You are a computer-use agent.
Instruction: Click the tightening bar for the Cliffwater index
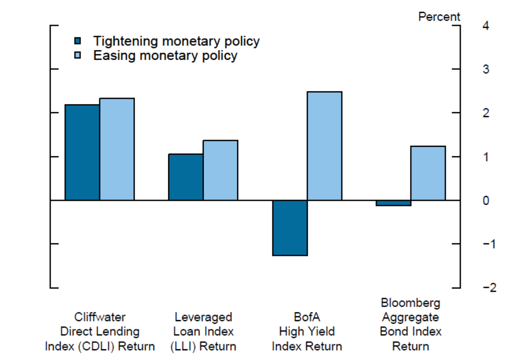[x=82, y=152]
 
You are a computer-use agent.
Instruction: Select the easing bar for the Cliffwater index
[x=117, y=149]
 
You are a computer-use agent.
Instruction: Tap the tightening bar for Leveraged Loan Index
[x=186, y=177]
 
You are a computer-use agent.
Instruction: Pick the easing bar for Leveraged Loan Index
[x=221, y=170]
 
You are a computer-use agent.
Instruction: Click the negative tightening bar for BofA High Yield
[x=290, y=228]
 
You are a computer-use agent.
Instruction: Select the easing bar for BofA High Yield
[x=324, y=146]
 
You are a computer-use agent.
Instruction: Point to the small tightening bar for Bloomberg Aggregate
[x=394, y=203]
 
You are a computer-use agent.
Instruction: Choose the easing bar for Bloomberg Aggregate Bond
[x=428, y=173]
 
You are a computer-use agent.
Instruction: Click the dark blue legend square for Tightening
[x=78, y=42]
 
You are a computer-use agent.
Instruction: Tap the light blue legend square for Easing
[x=78, y=56]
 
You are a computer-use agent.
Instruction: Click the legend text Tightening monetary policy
[x=176, y=41]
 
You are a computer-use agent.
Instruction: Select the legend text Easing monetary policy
[x=165, y=56]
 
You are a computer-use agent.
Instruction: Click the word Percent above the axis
[x=439, y=17]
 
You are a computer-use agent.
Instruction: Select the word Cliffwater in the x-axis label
[x=100, y=317]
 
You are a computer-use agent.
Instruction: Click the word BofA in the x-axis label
[x=307, y=317]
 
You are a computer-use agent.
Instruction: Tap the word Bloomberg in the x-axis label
[x=411, y=303]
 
